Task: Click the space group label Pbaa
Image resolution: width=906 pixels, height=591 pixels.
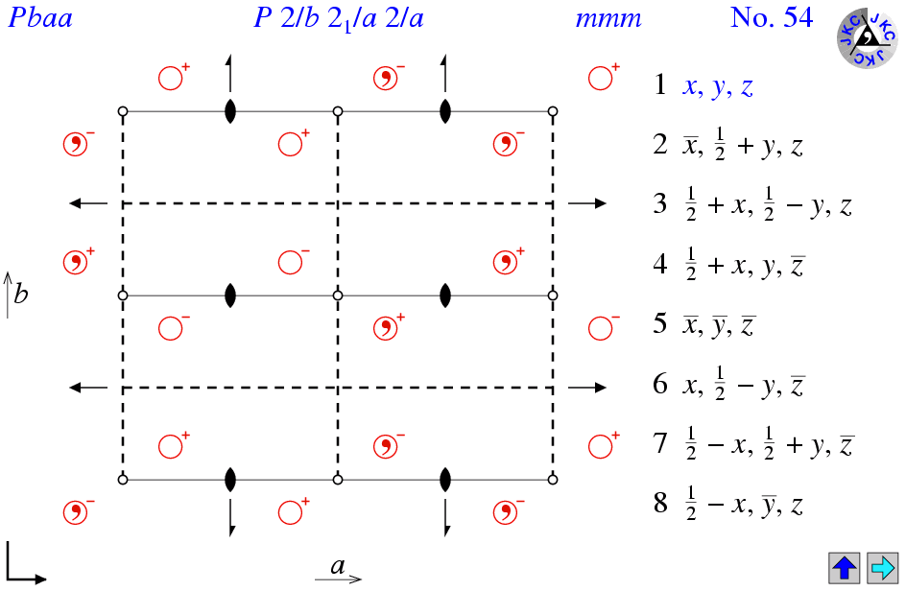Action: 40,18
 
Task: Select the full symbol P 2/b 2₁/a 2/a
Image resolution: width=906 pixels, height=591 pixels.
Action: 339,18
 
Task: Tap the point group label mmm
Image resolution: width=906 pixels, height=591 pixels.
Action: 608,19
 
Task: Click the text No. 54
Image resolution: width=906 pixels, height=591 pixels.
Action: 772,17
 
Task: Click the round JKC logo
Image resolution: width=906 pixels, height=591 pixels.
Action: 867,38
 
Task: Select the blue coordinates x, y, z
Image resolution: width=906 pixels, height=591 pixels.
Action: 718,86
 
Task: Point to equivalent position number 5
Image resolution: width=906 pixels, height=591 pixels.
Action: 660,323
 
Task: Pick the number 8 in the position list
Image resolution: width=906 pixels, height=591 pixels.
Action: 660,502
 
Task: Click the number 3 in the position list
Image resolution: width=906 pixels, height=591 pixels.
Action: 660,203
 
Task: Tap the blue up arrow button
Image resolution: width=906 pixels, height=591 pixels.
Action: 845,568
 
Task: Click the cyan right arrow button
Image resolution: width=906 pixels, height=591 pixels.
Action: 883,568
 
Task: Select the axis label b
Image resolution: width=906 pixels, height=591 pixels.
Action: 21,294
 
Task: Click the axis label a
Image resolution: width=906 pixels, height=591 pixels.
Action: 338,566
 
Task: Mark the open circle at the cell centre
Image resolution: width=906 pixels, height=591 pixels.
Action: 338,295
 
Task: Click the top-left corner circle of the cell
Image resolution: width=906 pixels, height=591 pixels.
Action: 123,111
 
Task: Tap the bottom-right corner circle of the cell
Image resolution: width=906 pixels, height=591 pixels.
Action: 553,480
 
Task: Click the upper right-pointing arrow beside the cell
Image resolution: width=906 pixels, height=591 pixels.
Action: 587,203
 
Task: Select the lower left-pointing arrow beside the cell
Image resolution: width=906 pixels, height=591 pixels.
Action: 88,387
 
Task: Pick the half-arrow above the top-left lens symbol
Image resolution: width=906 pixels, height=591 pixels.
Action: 229,74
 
